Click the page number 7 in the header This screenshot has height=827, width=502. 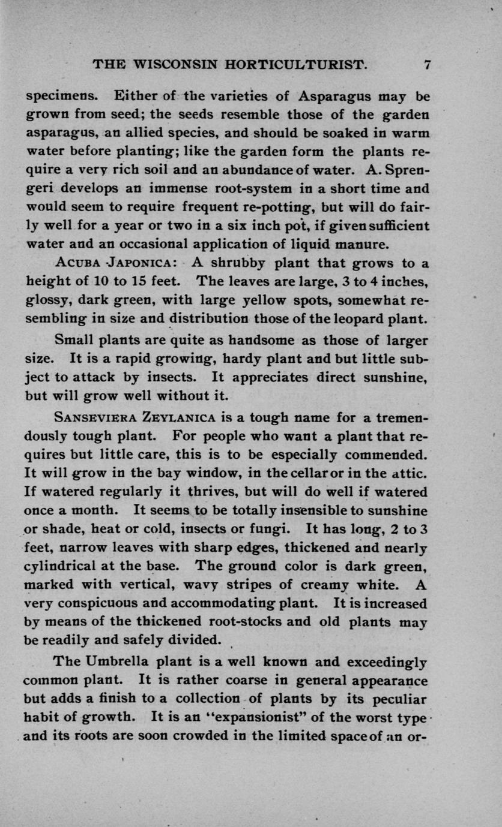[427, 65]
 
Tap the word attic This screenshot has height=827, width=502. [412, 473]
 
